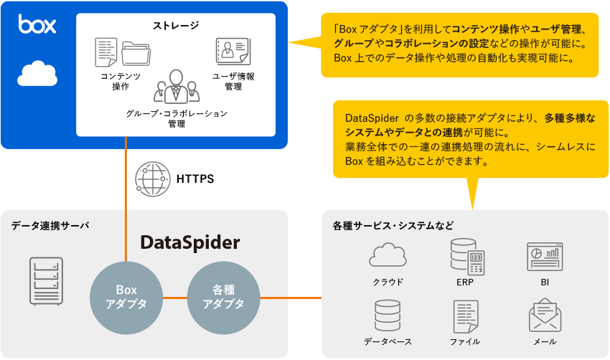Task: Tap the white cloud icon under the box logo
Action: click(37, 73)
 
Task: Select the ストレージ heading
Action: click(176, 26)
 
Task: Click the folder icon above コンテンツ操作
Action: click(137, 52)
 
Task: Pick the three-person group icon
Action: click(176, 85)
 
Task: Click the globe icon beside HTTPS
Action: click(152, 179)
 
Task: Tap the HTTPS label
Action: click(195, 179)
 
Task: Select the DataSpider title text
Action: click(190, 242)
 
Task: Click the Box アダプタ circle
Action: click(126, 297)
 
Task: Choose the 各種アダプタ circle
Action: click(223, 297)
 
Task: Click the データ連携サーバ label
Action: click(50, 225)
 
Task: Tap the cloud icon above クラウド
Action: click(388, 256)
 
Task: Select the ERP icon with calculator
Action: click(466, 256)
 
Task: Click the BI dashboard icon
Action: click(545, 256)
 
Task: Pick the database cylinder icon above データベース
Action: click(388, 316)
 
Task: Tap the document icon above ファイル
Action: click(466, 316)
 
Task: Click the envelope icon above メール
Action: click(545, 316)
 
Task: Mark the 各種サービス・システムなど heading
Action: click(393, 225)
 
